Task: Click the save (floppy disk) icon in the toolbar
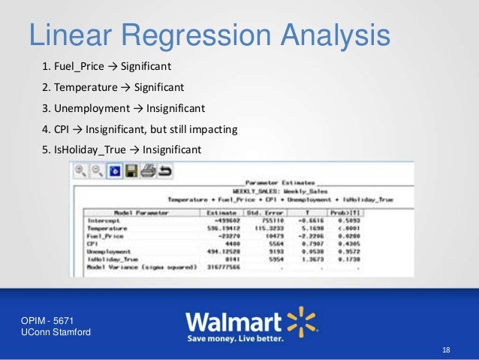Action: (131, 171)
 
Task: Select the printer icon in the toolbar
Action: (147, 171)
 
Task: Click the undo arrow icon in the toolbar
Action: (164, 171)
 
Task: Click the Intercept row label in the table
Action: (98, 221)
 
